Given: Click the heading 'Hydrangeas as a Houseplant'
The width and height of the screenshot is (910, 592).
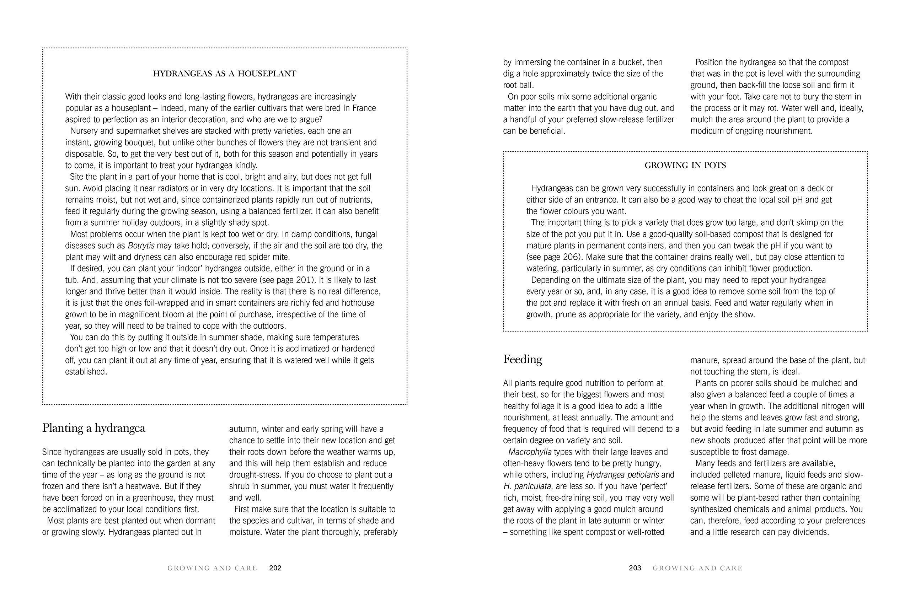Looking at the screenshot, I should pyautogui.click(x=224, y=74).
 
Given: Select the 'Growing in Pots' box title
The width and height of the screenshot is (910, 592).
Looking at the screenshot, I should pyautogui.click(x=685, y=166).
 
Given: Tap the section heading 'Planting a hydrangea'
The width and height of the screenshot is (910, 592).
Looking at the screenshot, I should pyautogui.click(x=94, y=428).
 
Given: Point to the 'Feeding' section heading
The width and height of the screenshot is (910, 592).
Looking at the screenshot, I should pyautogui.click(x=522, y=359).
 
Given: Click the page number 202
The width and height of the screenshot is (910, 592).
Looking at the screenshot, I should pyautogui.click(x=275, y=568).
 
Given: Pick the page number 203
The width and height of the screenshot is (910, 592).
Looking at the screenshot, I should pyautogui.click(x=635, y=568).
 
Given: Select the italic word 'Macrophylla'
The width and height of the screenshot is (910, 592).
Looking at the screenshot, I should pyautogui.click(x=530, y=452).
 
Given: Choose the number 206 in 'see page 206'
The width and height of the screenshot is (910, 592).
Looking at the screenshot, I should pyautogui.click(x=572, y=257).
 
